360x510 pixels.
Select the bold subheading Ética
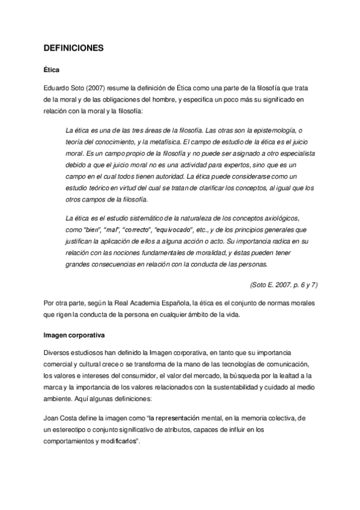(51, 70)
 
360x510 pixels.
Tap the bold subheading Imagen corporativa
(70, 334)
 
